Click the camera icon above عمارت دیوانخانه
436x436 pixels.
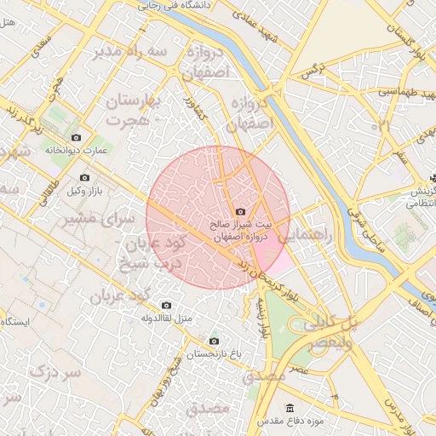click(x=76, y=138)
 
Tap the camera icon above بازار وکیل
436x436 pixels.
click(x=84, y=177)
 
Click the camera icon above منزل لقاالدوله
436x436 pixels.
click(x=166, y=305)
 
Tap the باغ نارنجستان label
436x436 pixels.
click(x=213, y=353)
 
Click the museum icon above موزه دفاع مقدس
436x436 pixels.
click(x=291, y=407)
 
